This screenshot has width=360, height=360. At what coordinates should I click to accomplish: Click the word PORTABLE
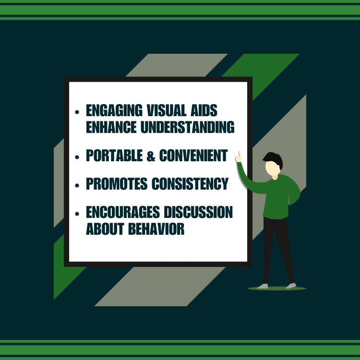[x=114, y=156]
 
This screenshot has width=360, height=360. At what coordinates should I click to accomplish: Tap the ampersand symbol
[x=151, y=156]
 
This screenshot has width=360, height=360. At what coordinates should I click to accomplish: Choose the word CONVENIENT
[x=193, y=156]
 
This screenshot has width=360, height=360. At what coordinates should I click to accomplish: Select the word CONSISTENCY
[x=190, y=183]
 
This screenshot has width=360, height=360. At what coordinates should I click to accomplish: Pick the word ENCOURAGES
[x=123, y=212]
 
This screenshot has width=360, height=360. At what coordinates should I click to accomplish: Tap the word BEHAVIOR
[x=157, y=228]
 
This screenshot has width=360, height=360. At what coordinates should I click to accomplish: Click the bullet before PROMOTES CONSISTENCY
[x=78, y=184]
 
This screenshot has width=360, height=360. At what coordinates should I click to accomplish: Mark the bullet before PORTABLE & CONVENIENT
[x=78, y=156]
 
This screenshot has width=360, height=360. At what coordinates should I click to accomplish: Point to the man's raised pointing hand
[x=238, y=156]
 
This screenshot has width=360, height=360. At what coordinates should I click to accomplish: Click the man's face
[x=272, y=168]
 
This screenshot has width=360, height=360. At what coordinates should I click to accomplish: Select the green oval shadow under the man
[x=277, y=288]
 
